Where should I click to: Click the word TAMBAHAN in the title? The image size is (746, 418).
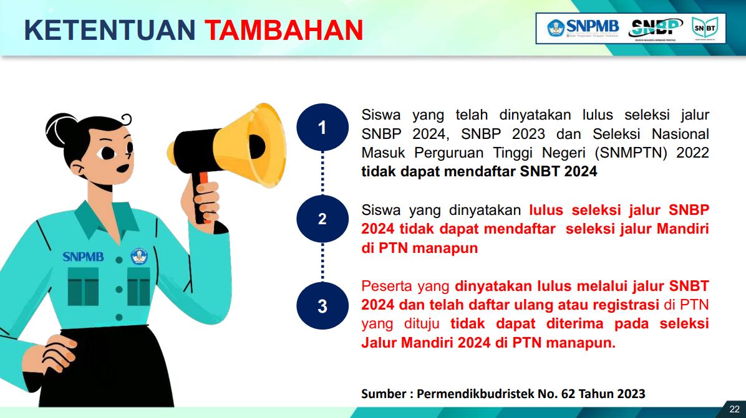click(284, 30)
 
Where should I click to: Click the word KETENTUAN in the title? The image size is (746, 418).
click(110, 30)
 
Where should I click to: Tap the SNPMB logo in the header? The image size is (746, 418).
click(583, 28)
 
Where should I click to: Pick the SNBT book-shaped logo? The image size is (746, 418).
click(705, 28)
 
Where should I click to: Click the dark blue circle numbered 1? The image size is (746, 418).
click(322, 127)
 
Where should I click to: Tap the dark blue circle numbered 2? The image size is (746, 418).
click(322, 219)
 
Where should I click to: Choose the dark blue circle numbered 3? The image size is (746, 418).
click(322, 306)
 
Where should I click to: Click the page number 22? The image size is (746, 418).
click(735, 409)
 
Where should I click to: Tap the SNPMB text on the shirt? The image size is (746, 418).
click(83, 257)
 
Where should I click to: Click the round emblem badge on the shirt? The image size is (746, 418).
click(139, 257)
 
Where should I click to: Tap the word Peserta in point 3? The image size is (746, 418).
click(387, 286)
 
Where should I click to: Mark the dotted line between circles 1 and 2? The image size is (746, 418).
click(322, 173)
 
